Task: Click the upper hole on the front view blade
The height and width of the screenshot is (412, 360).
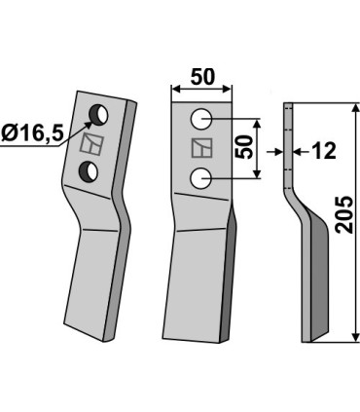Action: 200,118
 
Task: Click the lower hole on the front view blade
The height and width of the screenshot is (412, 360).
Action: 200,177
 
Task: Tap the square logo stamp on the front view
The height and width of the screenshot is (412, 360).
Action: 200,148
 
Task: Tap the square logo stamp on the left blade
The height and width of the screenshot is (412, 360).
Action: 92,144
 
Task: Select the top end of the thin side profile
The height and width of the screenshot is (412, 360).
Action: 288,105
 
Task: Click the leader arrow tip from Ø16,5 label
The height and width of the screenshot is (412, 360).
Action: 90,122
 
